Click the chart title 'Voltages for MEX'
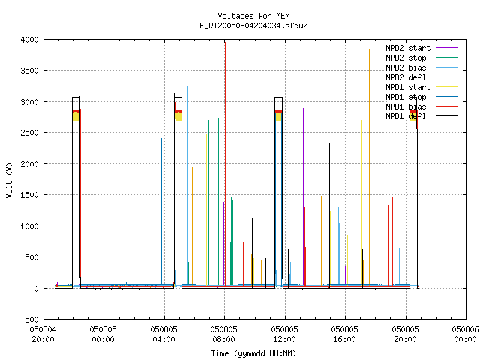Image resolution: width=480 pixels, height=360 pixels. pyautogui.click(x=253, y=16)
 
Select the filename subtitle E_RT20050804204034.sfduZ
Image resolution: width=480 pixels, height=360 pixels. pyautogui.click(x=253, y=25)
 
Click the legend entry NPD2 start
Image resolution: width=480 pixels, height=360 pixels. pyautogui.click(x=421, y=48)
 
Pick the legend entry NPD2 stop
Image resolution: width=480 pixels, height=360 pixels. pyautogui.click(x=421, y=58)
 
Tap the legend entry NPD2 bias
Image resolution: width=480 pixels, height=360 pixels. pyautogui.click(x=421, y=67)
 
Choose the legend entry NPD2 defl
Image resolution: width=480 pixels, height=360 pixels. pyautogui.click(x=421, y=77)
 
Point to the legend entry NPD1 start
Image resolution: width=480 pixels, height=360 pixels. pyautogui.click(x=421, y=87)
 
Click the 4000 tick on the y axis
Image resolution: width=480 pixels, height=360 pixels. pyautogui.click(x=30, y=40)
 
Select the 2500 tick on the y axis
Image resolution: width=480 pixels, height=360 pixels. pyautogui.click(x=30, y=133)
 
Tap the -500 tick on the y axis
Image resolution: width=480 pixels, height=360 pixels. pyautogui.click(x=30, y=319)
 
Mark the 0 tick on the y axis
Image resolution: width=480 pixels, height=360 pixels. pyautogui.click(x=37, y=288)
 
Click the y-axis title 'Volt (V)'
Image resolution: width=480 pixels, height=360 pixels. pyautogui.click(x=9, y=180)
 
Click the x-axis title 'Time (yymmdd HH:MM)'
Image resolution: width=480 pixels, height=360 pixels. pyautogui.click(x=253, y=353)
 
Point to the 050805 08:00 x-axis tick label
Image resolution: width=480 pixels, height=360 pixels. pyautogui.click(x=223, y=334)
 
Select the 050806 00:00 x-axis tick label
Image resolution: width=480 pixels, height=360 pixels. pyautogui.click(x=465, y=334)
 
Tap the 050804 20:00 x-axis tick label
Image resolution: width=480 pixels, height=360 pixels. pyautogui.click(x=43, y=334)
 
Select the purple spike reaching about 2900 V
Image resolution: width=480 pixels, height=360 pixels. pyautogui.click(x=303, y=196)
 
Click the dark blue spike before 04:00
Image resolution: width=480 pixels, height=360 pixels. pyautogui.click(x=162, y=211)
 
